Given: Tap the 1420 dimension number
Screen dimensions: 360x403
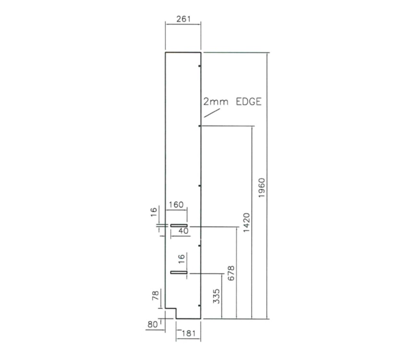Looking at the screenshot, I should [x=246, y=222].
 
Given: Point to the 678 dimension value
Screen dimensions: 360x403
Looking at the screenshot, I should [x=231, y=274].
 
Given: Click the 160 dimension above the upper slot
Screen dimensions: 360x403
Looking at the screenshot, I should [x=177, y=205].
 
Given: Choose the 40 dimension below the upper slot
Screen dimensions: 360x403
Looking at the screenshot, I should [x=183, y=231].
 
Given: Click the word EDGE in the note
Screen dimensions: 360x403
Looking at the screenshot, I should [x=249, y=102].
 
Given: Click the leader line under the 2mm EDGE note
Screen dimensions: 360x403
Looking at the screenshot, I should [x=212, y=112].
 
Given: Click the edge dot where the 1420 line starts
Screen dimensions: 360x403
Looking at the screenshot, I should [x=200, y=126].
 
